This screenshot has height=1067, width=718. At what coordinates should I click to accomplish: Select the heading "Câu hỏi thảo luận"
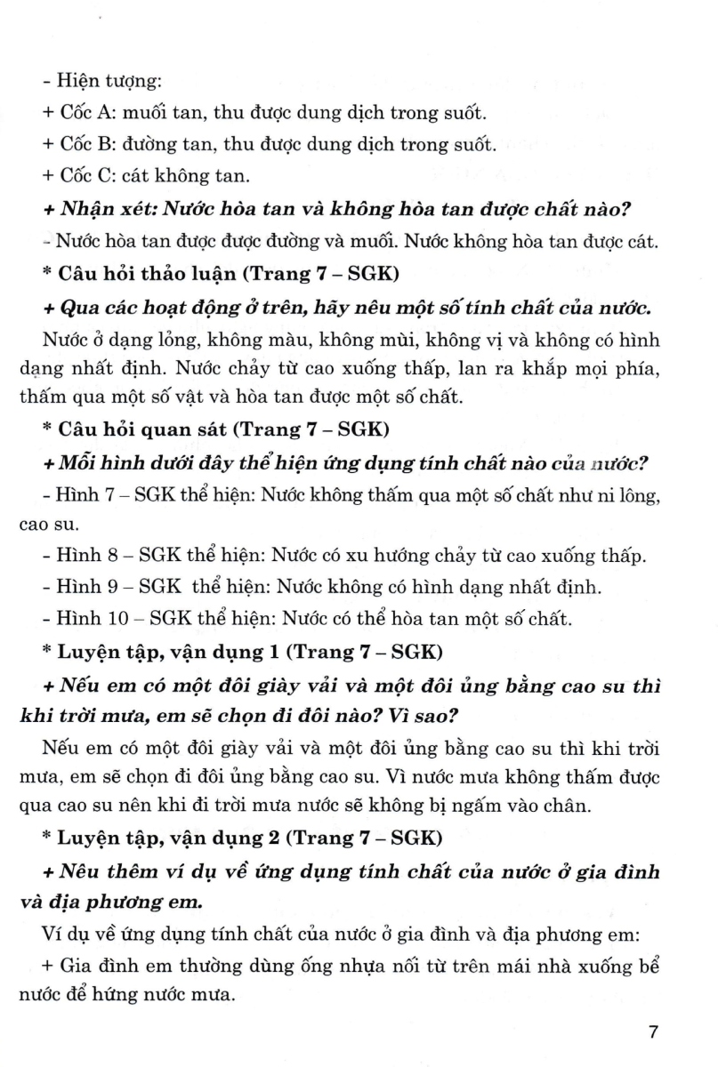coord(147,270)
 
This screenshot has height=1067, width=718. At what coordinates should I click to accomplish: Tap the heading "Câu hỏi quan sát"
coord(141,429)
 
